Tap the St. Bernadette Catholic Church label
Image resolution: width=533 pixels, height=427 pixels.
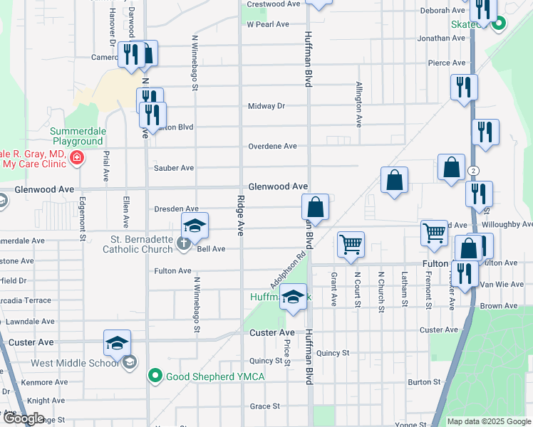tap(143, 243)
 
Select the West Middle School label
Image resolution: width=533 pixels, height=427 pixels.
tap(75, 363)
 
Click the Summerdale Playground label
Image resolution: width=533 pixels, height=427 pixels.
tap(86, 136)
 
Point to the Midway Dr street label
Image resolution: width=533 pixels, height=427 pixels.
tap(266, 106)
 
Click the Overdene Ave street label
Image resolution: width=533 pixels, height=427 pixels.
tap(272, 146)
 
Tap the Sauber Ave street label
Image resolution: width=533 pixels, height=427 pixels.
tap(174, 168)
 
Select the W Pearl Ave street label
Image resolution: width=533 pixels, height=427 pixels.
tap(268, 23)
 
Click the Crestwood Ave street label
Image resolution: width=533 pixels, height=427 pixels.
tap(274, 4)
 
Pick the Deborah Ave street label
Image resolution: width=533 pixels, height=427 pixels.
tap(442, 11)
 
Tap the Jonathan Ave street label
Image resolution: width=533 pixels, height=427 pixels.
tap(442, 38)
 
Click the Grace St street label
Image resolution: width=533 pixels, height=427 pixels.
tap(264, 406)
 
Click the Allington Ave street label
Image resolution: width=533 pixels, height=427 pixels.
tap(358, 104)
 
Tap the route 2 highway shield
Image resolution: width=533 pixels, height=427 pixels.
tap(473, 171)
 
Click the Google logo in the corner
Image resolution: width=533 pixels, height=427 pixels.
tap(23, 418)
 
